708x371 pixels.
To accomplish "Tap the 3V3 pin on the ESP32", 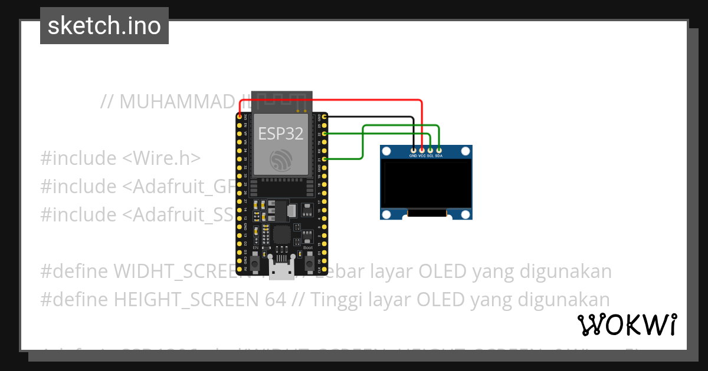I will [x=240, y=117].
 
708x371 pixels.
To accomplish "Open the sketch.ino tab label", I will [x=104, y=26].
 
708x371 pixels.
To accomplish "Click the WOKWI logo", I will [x=627, y=324].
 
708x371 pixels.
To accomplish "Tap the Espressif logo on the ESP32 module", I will [x=281, y=161].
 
